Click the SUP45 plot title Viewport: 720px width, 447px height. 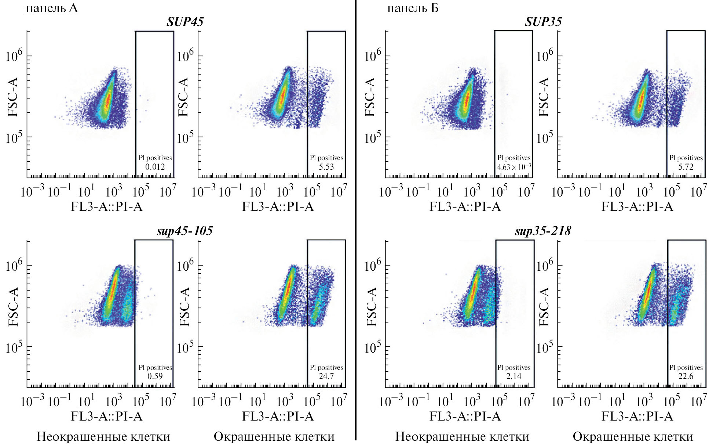click(185, 22)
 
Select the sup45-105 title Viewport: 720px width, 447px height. click(184, 231)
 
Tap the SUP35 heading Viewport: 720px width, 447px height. click(543, 22)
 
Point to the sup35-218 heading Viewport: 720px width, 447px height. click(543, 231)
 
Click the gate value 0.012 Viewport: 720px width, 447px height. click(155, 167)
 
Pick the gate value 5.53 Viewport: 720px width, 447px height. click(326, 167)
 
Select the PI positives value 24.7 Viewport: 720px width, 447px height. click(326, 376)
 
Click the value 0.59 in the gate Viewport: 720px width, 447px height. click(155, 376)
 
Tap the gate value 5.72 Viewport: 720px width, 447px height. click(686, 167)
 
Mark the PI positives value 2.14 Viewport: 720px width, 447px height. click(513, 376)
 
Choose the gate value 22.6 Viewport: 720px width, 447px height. click(686, 376)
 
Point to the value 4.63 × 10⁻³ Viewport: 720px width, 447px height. click(513, 167)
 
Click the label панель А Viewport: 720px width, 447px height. click(52, 8)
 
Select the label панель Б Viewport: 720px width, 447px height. click(413, 8)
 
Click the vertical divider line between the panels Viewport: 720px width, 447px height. click(355, 220)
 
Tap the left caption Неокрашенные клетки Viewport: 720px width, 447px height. click(103, 436)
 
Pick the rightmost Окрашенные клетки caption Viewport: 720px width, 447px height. click(633, 436)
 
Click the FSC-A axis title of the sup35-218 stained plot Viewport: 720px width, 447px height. click(544, 307)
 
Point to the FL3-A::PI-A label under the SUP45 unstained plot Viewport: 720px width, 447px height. click(106, 206)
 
